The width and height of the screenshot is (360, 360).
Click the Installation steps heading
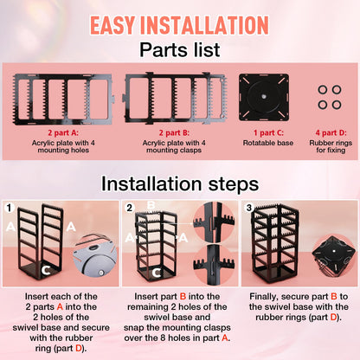pos(179,183)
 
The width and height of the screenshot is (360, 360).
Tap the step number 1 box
pos(10,208)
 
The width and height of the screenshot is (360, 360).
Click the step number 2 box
pos(128,208)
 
